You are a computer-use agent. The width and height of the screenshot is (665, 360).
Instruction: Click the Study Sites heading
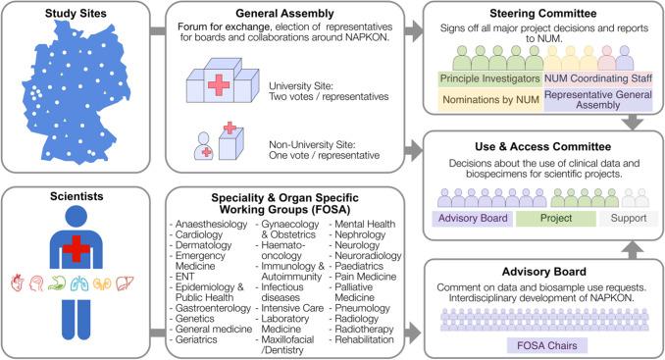76,16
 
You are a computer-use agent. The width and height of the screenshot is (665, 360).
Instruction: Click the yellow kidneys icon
106,284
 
